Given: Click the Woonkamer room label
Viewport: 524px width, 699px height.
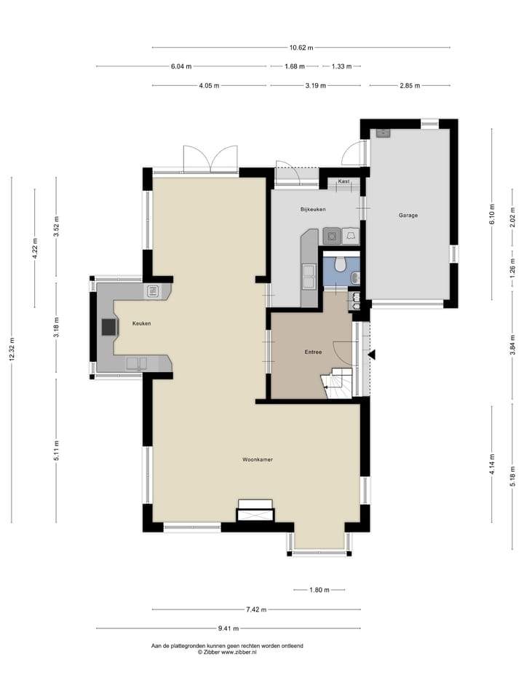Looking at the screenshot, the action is point(258,459).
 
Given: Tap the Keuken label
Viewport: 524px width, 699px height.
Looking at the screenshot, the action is point(141,323).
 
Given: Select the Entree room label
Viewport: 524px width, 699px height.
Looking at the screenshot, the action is point(313,352).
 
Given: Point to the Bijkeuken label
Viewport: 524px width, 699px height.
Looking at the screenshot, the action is point(313,209).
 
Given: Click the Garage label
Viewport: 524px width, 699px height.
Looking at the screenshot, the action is point(408,216).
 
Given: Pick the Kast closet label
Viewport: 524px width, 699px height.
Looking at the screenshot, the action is point(344,181).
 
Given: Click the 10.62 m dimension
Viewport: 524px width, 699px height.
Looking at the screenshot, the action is point(301,48).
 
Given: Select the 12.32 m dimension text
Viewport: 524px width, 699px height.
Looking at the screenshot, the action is point(12,350).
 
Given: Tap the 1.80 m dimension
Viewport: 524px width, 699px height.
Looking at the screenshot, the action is point(319,591).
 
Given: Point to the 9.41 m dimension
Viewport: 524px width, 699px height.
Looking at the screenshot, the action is point(228,628).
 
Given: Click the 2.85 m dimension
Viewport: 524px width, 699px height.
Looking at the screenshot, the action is point(410,86).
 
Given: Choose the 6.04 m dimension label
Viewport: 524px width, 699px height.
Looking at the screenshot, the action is point(181,66).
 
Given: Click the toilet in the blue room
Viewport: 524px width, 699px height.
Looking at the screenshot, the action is point(341,264).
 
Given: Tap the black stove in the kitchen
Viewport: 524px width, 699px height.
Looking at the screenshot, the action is point(109,327).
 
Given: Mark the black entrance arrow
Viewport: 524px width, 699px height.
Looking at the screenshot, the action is point(372,355).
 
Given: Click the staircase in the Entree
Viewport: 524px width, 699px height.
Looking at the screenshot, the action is point(336,383).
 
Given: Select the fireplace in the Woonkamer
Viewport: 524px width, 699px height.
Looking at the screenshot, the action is point(255,511).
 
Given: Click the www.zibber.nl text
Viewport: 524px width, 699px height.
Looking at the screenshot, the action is point(239,652).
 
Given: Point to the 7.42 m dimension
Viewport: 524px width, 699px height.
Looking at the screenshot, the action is point(255,609).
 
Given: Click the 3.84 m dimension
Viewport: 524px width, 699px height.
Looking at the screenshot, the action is point(513,343).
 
